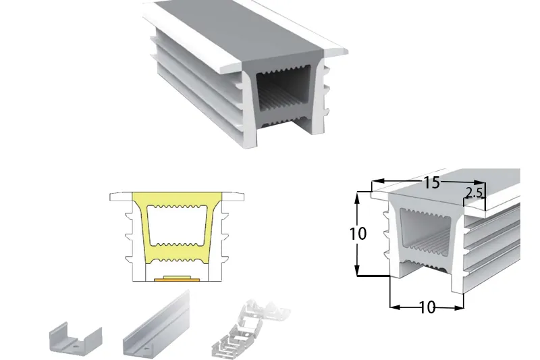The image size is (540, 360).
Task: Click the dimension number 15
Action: coord(431,182)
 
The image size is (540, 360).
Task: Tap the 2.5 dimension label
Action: coord(475,193)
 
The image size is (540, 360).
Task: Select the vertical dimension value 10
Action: coord(358,234)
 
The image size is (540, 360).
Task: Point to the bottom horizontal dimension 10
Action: coord(427,307)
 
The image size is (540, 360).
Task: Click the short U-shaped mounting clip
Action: coord(76,340)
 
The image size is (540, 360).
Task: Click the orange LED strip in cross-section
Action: coord(177,278)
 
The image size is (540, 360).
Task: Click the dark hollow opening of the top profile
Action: coord(283,93)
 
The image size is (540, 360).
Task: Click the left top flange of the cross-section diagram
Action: coord(122,197)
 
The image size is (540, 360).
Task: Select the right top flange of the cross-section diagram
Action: coord(233,197)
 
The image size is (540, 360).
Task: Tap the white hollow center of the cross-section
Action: coord(177,226)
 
